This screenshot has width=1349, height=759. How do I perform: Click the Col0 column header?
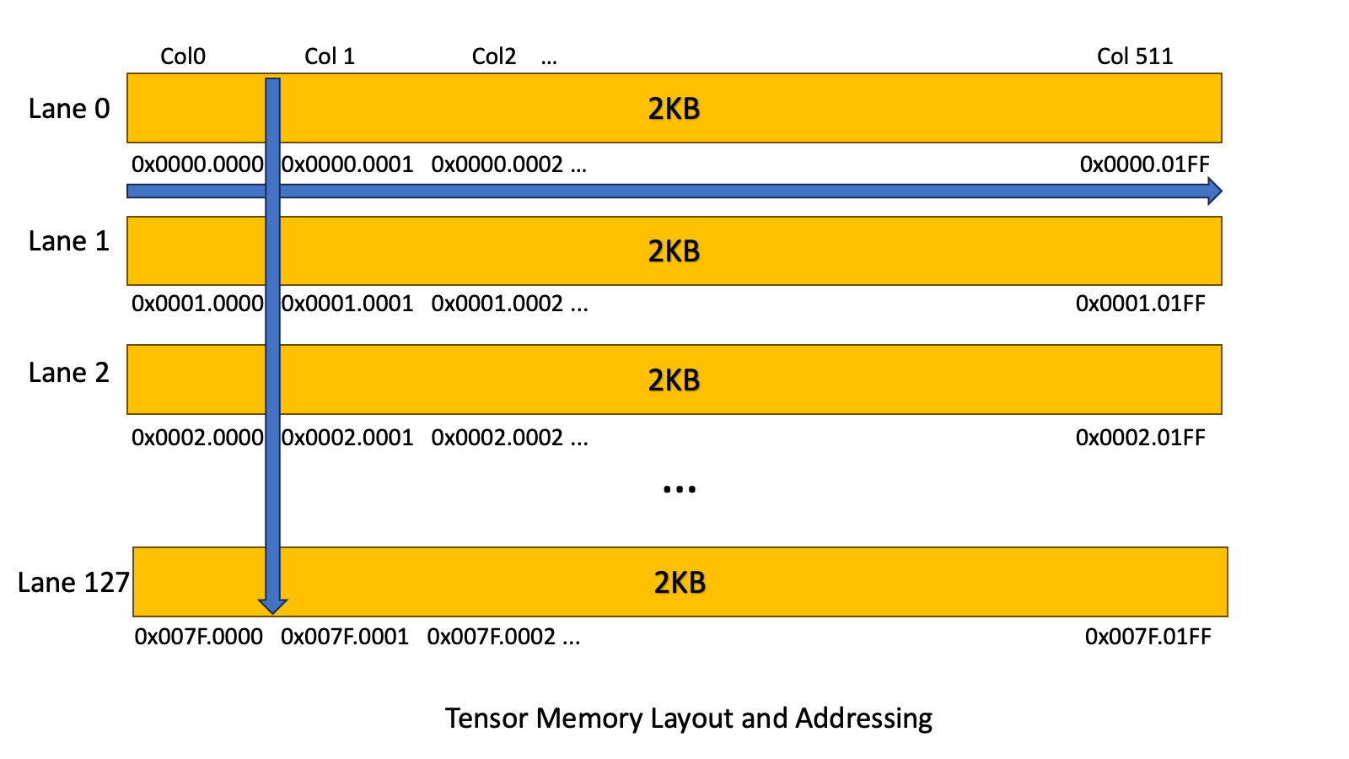(183, 57)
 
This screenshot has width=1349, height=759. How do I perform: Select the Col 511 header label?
(1134, 57)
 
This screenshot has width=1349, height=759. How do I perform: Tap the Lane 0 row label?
(69, 109)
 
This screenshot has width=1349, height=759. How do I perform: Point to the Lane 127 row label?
(73, 583)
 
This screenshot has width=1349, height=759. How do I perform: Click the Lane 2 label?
(69, 373)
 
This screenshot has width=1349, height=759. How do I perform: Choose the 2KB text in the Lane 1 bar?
(674, 251)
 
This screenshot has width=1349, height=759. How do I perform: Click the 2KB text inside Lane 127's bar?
(680, 583)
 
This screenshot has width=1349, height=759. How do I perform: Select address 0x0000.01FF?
(1144, 164)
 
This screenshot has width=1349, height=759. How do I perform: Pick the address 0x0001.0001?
(347, 304)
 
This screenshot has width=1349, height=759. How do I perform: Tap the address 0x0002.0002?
(497, 438)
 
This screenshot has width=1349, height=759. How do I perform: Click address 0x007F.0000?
(199, 637)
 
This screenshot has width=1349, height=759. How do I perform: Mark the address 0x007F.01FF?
(1147, 637)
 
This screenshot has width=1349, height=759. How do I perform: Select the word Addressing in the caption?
(863, 719)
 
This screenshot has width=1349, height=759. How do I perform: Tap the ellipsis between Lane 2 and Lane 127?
(680, 489)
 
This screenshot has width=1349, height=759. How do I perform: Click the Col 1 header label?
(330, 57)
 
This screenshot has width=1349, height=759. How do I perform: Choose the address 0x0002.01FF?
(1140, 438)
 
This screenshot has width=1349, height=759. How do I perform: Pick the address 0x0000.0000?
(197, 164)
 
